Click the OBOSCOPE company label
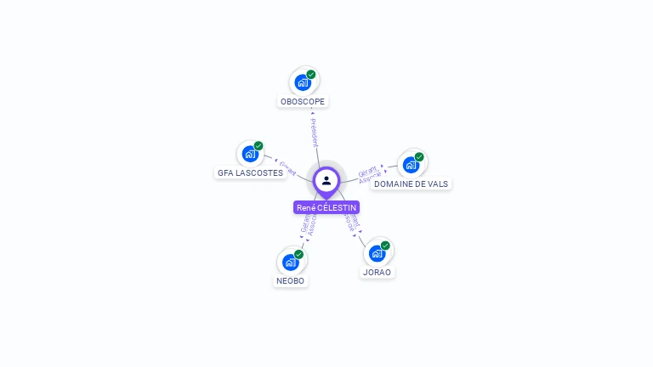point(302,102)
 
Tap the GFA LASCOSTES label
point(250,172)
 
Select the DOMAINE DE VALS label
point(412,183)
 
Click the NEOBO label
point(290,281)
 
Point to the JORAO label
point(377,273)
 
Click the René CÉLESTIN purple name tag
point(326,207)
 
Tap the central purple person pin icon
point(326,180)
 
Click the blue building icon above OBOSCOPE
point(302,82)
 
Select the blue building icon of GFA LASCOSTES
point(249,154)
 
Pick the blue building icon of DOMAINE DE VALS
point(411,165)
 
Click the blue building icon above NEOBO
point(289,262)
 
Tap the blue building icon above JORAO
point(377,253)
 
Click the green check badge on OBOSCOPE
point(311,75)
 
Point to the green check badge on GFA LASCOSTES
point(258,146)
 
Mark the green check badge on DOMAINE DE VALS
point(419,157)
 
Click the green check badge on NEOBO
point(298,254)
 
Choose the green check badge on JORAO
point(385,246)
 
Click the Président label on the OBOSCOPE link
point(314,132)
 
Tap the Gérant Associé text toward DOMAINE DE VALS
point(368,175)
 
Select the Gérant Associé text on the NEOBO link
point(309,223)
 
